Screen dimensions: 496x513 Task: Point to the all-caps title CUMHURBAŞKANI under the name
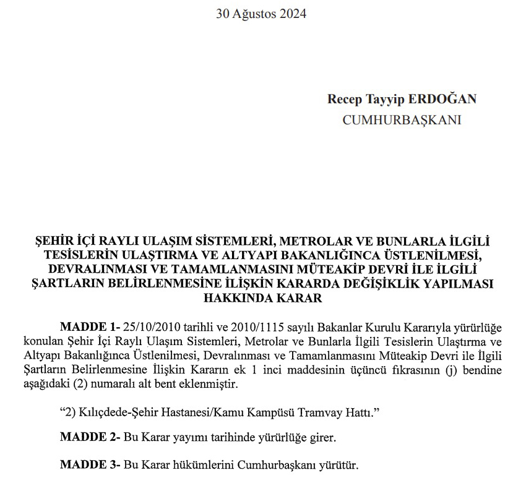click(x=402, y=120)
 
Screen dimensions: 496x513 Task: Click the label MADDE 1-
click(x=90, y=327)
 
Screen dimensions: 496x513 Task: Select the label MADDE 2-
click(x=90, y=437)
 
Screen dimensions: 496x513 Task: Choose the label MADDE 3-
click(x=90, y=465)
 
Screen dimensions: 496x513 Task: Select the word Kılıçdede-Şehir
click(x=109, y=413)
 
